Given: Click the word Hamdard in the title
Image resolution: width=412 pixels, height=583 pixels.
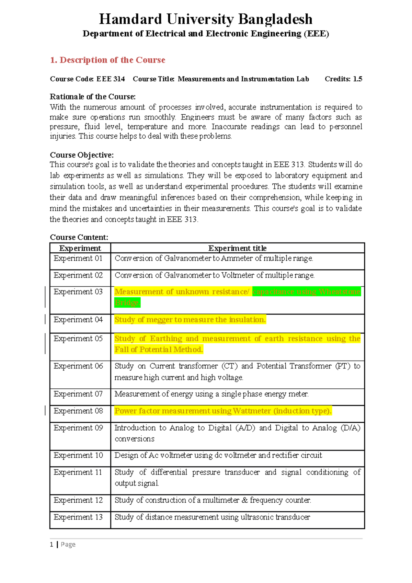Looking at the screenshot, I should (x=130, y=19).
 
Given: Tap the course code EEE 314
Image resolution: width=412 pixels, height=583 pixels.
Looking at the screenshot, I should (x=111, y=79).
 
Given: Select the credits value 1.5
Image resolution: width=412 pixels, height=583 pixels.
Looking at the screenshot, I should (x=357, y=79).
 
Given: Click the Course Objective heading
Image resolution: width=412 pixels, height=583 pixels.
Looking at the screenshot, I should (x=82, y=155).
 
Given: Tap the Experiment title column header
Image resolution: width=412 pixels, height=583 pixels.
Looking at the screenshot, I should (x=237, y=248).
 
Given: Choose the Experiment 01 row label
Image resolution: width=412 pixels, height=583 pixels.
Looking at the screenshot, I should (x=78, y=259).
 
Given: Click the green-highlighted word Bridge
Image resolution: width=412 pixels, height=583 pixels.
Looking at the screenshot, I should (x=127, y=303).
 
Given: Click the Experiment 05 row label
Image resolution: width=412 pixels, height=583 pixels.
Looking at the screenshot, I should (x=78, y=339).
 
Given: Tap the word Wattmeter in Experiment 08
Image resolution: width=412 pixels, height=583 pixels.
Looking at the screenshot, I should (x=252, y=411).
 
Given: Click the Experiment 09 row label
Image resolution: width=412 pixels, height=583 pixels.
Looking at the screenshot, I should (x=78, y=428).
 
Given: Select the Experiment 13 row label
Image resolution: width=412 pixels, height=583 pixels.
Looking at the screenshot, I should (x=78, y=517).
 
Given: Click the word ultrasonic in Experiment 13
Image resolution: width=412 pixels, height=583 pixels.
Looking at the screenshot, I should (x=256, y=517).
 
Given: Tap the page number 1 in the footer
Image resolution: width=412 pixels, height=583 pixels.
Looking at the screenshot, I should (x=51, y=545).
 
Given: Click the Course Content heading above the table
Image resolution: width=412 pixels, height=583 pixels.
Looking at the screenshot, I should (x=79, y=238).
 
